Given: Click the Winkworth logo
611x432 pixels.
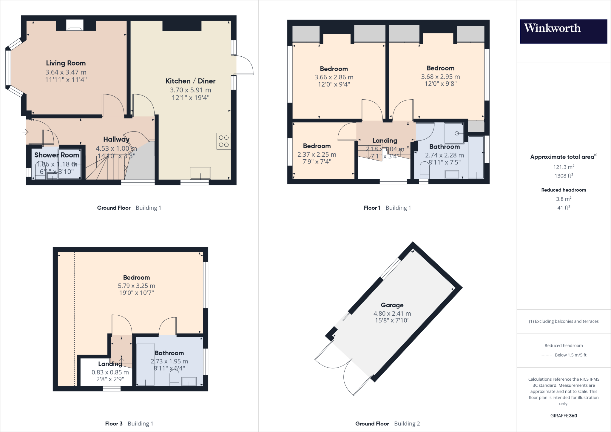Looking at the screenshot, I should pos(563,31).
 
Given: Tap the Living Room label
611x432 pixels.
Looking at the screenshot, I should pos(66,63).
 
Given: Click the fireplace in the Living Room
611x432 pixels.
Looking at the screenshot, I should pos(75,25).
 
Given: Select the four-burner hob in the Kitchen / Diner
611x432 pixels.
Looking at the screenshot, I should pos(223,141).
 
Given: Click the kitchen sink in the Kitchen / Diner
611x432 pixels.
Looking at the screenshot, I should pos(200,173).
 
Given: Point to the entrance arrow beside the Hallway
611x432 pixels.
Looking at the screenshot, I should pos(25,132).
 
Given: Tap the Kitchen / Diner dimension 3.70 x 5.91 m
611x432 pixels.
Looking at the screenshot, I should pos(190,90).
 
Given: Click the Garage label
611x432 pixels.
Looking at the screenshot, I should pos(392,305).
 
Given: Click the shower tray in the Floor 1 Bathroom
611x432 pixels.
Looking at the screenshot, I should pos(454,133).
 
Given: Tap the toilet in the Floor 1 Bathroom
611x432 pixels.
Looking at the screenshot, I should pos(424,170).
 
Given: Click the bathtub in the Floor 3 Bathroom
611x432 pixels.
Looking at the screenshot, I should pos(145,364).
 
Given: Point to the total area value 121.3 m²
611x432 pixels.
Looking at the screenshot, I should pos(564,167).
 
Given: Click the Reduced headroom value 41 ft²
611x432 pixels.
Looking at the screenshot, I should pos(564,207).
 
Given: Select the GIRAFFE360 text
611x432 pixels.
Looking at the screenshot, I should pos(564,416).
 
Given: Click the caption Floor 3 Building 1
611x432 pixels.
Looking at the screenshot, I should pos(129,423).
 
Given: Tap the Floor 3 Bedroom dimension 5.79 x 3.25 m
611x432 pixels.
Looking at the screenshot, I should pos(136,286).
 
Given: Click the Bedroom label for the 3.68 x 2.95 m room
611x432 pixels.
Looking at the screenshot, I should pos(440,68).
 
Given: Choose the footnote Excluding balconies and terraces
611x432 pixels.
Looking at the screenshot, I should pos(564,321).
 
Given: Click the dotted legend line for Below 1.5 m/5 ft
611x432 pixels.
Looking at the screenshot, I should pos(546,355).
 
